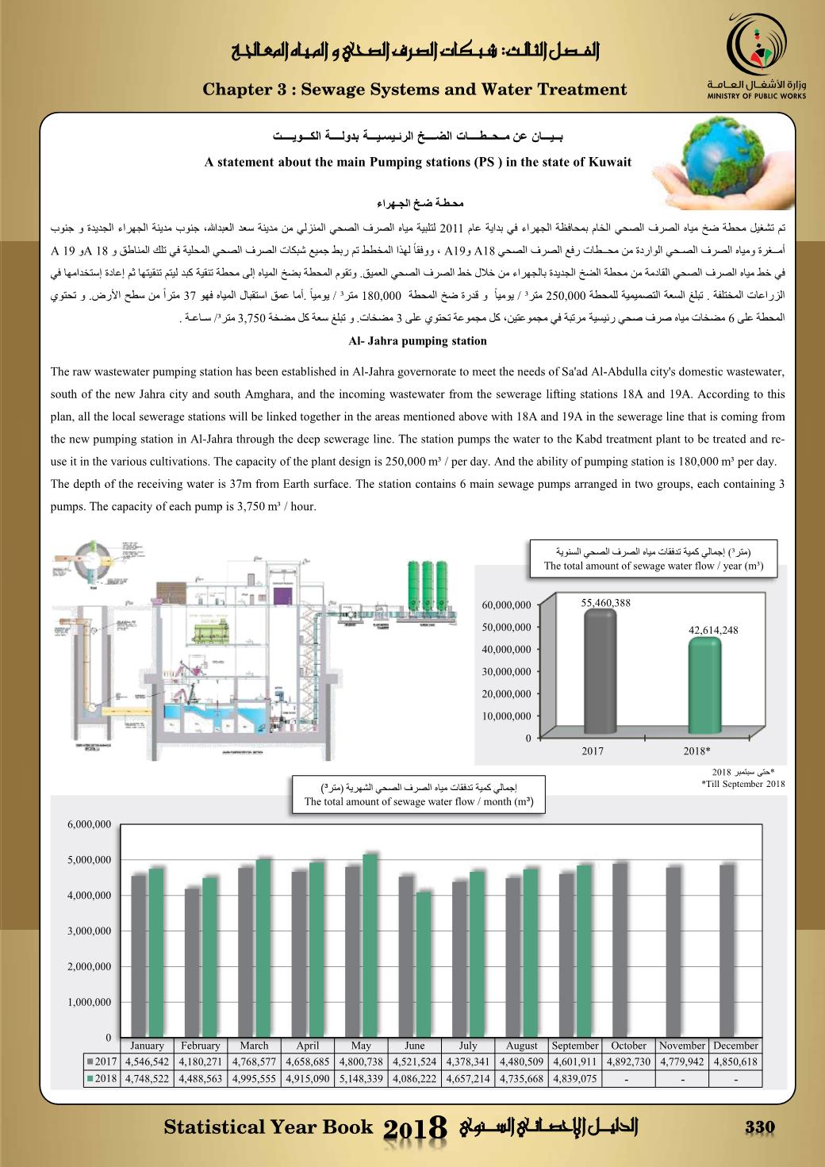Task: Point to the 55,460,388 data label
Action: click(x=605, y=603)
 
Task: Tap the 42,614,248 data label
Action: click(x=713, y=630)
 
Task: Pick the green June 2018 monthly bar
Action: click(x=424, y=964)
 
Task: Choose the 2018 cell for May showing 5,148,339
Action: click(x=361, y=1079)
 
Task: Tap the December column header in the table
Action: click(x=735, y=1046)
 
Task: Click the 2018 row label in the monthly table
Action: click(x=102, y=1079)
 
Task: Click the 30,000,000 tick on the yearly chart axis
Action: click(x=506, y=672)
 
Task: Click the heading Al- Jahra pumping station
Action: click(x=417, y=341)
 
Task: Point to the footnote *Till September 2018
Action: click(x=742, y=785)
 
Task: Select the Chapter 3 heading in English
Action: click(x=415, y=90)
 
